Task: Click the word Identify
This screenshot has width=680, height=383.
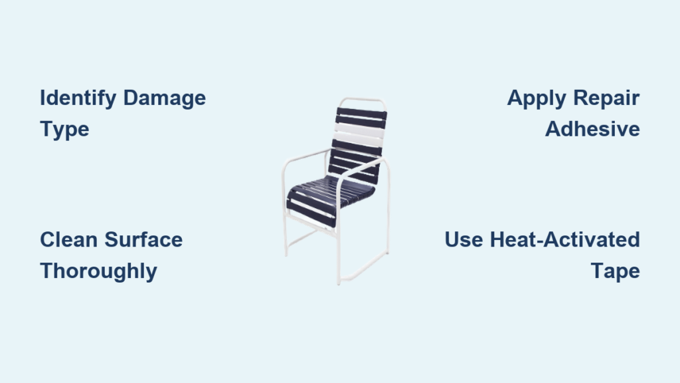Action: pos(78,98)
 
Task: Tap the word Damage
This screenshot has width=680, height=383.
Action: pos(165,98)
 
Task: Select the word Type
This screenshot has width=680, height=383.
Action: pos(64,130)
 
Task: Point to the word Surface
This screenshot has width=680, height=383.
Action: pos(143,239)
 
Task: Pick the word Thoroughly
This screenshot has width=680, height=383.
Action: pos(98,272)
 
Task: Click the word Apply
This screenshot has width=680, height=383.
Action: pos(537,98)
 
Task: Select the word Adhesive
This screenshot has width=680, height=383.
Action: pos(592,130)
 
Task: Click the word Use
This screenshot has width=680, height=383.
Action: pos(464,239)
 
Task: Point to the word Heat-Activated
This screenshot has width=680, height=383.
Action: pos(564,239)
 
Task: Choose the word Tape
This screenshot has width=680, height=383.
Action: pos(616,272)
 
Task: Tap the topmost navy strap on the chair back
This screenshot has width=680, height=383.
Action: pos(361,114)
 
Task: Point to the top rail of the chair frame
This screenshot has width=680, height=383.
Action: pos(362,100)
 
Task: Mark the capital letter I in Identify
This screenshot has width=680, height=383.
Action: pos(42,98)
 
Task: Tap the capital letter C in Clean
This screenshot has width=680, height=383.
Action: pos(48,239)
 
